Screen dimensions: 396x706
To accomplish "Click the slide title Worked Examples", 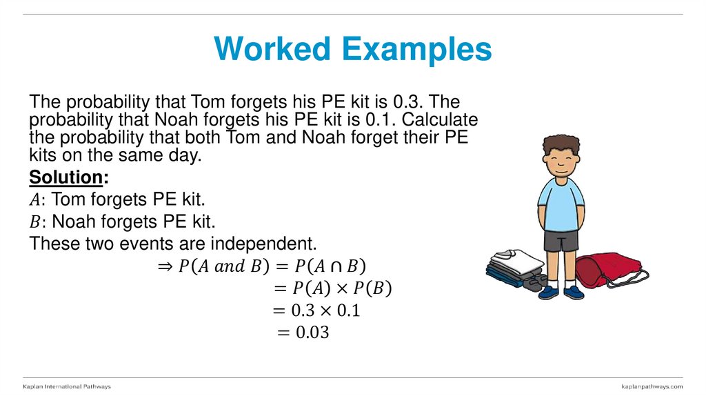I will click(353, 50).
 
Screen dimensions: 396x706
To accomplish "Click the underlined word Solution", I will click(65, 177).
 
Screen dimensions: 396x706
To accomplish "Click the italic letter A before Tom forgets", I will click(35, 200).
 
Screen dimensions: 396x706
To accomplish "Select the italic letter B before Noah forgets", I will click(35, 222).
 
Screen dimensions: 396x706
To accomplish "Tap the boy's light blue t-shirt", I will click(561, 204).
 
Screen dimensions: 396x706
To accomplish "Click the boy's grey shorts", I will click(561, 241).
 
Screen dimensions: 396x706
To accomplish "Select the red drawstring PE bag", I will click(601, 268).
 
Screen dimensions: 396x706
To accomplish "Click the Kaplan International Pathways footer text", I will click(67, 386).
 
